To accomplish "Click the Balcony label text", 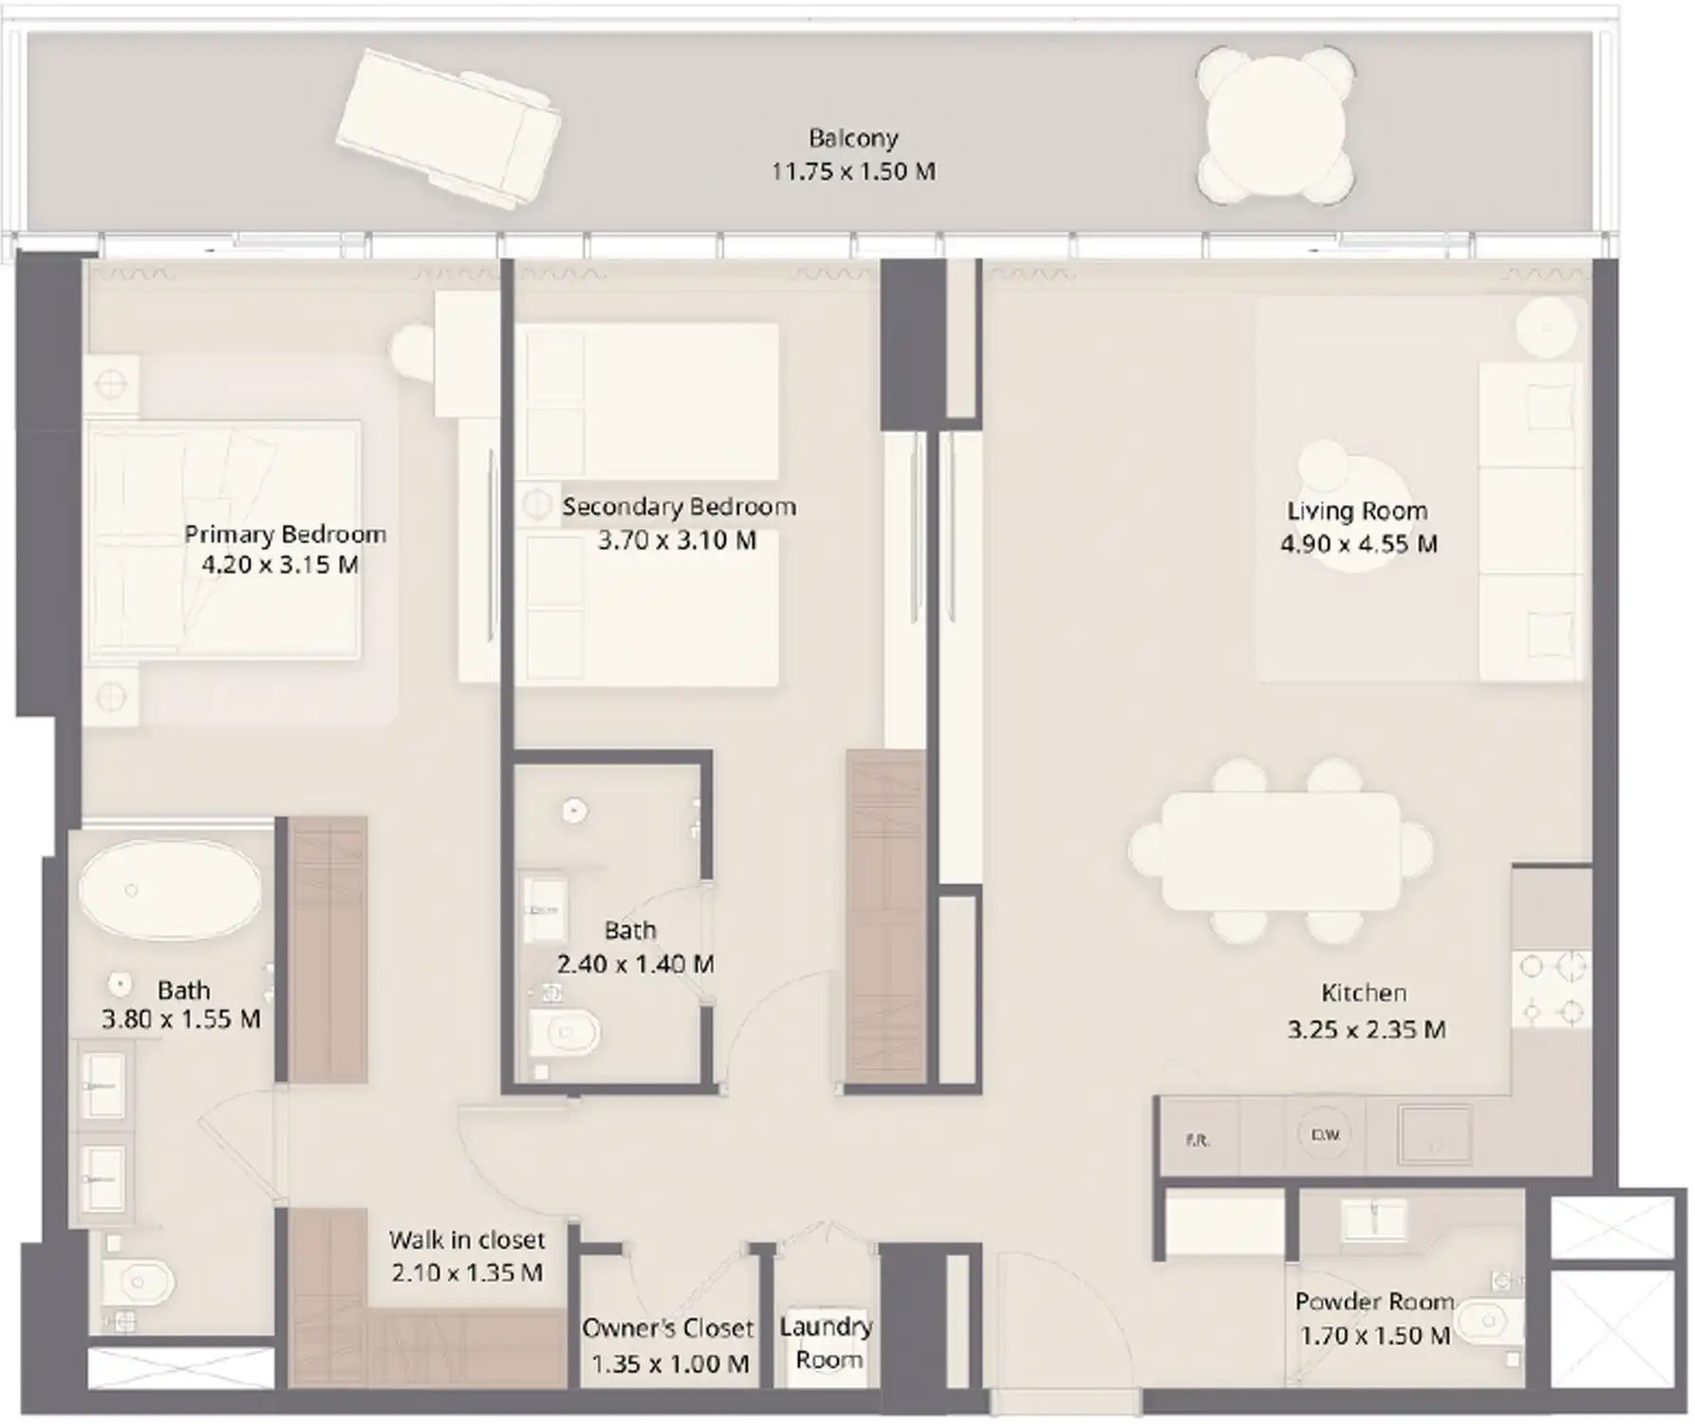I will (852, 139).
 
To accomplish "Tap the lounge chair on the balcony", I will (448, 129).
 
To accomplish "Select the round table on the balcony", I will (1275, 125).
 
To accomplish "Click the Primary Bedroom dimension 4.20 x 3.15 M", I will (280, 565).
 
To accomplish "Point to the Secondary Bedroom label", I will (679, 507).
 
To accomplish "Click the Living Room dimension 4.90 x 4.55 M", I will (1358, 544).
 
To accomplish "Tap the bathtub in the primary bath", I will (171, 890).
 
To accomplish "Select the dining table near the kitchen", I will (1280, 852).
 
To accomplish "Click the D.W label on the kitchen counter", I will (1325, 1134).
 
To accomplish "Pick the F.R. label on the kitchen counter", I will (1198, 1140).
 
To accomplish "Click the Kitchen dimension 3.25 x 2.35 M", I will (1366, 1029).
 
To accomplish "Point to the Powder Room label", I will (1374, 1302).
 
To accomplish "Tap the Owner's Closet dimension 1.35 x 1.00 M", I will (670, 1364).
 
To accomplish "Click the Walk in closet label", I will (466, 1240).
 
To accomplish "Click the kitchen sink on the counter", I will (1434, 1134).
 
